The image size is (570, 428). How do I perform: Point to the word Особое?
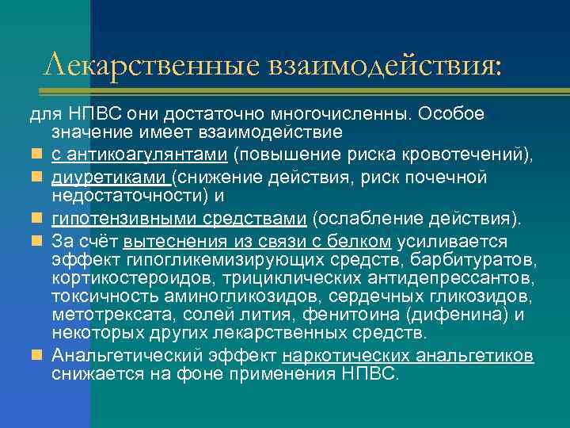pyautogui.click(x=453, y=114)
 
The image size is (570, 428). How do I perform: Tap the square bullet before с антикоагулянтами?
pyautogui.click(x=38, y=151)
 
